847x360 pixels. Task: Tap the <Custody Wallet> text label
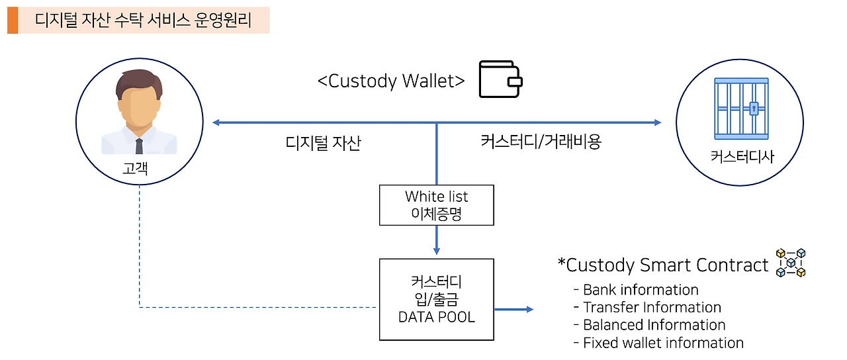(x=390, y=81)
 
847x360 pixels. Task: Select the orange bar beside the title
(x=13, y=20)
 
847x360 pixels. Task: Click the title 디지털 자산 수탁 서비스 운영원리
(x=143, y=20)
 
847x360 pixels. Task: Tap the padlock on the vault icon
(x=754, y=108)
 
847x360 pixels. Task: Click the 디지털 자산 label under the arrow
(x=324, y=143)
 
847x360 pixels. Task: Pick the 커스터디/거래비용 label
(x=541, y=142)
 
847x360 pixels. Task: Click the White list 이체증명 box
(x=436, y=205)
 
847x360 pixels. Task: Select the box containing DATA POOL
(x=436, y=300)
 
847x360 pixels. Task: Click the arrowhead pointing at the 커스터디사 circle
(x=656, y=122)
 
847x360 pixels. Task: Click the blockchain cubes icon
(x=791, y=263)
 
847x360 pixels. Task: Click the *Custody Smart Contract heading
(x=663, y=265)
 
